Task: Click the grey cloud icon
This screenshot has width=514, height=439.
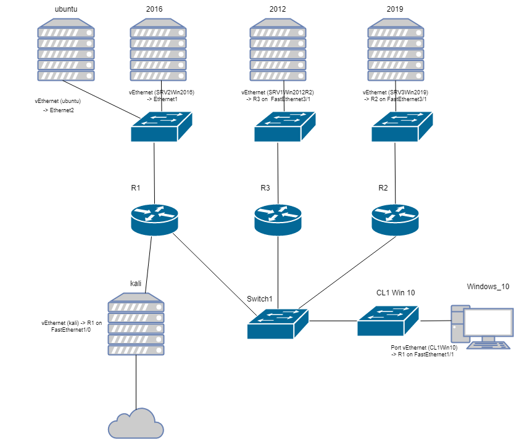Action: click(x=136, y=424)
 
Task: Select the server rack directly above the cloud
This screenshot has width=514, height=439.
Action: click(x=136, y=324)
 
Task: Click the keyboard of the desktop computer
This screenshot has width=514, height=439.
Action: click(x=488, y=345)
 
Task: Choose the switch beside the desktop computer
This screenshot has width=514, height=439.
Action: click(x=388, y=321)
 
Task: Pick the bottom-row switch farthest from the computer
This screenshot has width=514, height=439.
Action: click(x=278, y=324)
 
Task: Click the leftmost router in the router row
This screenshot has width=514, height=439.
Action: click(x=154, y=220)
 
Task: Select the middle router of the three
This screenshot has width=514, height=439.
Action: click(x=278, y=220)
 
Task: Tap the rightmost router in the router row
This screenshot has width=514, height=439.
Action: click(x=395, y=220)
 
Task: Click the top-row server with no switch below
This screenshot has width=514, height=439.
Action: click(x=66, y=50)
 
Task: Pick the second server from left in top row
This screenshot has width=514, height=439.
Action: click(x=158, y=50)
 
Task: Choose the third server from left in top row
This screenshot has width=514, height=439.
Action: click(x=278, y=50)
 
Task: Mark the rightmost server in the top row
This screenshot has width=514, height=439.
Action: click(x=396, y=50)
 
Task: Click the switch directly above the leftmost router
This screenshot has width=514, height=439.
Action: click(x=161, y=127)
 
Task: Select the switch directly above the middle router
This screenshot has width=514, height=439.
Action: click(x=284, y=127)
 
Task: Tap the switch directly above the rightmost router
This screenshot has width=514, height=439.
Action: click(x=402, y=127)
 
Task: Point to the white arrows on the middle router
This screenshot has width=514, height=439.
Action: click(x=278, y=213)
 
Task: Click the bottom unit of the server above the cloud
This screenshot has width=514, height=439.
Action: click(x=136, y=350)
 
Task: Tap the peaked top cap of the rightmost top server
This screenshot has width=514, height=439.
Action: click(x=396, y=23)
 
